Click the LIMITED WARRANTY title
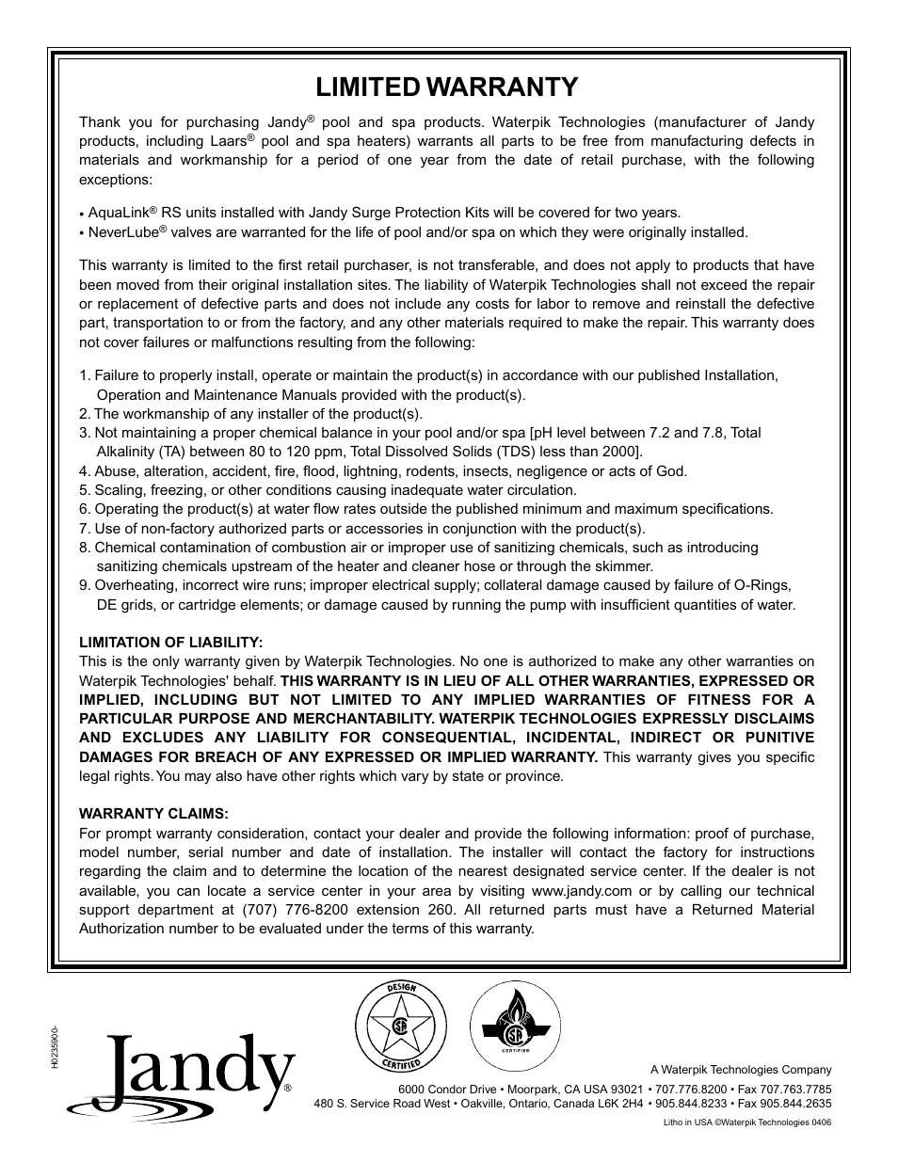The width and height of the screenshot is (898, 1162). click(447, 87)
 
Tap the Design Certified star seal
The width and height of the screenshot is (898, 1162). click(400, 1026)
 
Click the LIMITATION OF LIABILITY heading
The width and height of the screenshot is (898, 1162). click(170, 642)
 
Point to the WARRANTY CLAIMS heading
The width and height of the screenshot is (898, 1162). click(153, 813)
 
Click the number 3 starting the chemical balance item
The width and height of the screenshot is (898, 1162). click(83, 433)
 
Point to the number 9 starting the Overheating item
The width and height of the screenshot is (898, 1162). click(83, 585)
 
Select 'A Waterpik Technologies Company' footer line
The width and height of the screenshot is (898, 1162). click(741, 1069)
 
